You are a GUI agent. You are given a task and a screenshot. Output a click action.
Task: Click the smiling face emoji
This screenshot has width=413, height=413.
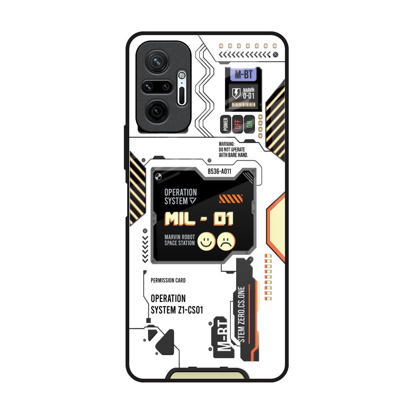tap(206, 241)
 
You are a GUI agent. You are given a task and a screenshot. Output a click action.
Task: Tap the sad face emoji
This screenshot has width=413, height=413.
tap(226, 241)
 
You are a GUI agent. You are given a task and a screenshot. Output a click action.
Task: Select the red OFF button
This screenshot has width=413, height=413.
tap(237, 124)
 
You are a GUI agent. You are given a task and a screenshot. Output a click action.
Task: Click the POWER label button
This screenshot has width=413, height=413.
tap(226, 124)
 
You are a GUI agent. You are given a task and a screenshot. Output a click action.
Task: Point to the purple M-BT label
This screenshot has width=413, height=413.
tap(244, 74)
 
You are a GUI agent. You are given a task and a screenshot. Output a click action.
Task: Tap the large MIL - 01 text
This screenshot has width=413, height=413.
tap(199, 219)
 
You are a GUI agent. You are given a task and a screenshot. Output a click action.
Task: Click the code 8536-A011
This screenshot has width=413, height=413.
tap(219, 171)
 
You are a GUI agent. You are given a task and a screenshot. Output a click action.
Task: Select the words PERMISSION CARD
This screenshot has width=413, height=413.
tap(168, 280)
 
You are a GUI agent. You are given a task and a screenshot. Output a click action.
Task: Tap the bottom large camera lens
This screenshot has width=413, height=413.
tap(157, 111)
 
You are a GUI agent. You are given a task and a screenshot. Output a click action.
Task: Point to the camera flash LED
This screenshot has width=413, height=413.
tap(181, 75)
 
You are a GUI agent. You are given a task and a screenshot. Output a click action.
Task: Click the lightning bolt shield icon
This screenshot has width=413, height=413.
tap(236, 93)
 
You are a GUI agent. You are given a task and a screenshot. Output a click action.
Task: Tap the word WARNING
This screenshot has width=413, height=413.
tap(226, 144)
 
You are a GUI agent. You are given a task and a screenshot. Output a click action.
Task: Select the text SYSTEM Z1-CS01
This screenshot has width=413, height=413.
tap(177, 310)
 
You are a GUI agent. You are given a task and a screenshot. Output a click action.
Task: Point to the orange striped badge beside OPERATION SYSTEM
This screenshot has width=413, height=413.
tap(231, 199)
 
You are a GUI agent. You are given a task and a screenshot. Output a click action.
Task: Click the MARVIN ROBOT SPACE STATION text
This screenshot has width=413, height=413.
tap(180, 240)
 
